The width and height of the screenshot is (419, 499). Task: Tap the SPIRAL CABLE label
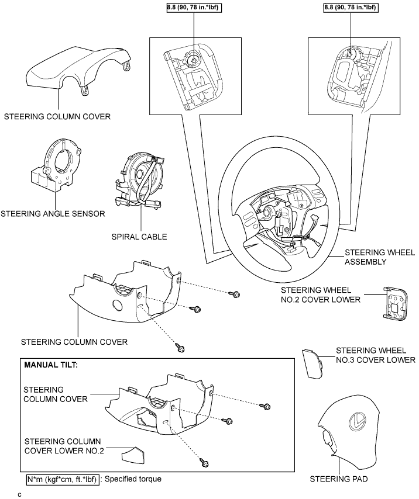point(139,237)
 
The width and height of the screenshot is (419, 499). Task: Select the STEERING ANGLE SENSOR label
point(53,213)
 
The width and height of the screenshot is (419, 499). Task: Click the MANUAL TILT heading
point(51,365)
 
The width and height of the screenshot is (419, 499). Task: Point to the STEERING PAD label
point(339,479)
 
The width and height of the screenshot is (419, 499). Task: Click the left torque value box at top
point(194,8)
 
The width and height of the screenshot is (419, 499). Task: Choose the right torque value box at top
point(351,8)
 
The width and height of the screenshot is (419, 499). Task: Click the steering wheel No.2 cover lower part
point(395,302)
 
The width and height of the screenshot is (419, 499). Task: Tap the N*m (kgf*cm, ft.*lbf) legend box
point(63,479)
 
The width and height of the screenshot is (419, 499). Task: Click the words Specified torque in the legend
point(133,479)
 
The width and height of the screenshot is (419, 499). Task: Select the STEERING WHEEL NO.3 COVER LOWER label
point(376,355)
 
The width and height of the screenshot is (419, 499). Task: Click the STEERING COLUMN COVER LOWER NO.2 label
point(64,446)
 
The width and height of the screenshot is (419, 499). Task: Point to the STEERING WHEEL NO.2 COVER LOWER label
point(321,294)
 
